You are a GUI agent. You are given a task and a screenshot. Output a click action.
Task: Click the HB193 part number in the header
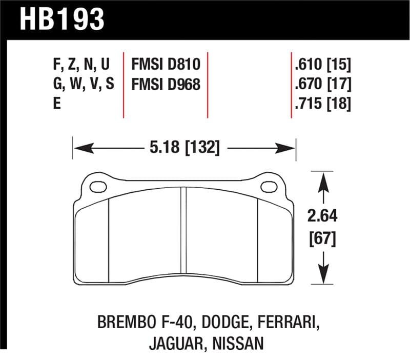pyautogui.click(x=62, y=20)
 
